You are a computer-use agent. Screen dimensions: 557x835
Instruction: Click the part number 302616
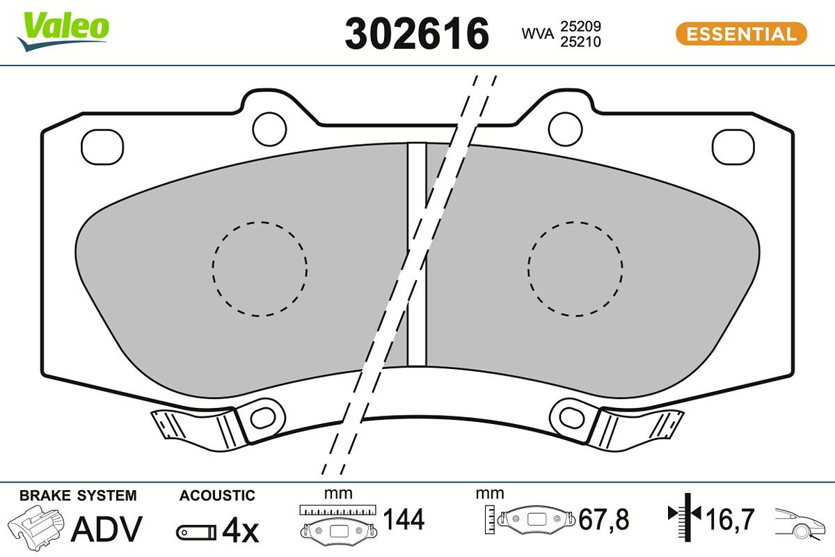417,33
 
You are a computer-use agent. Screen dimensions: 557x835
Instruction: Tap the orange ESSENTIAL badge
741,33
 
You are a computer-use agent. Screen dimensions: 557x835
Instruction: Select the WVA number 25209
580,26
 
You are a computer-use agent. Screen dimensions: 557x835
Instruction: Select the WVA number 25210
580,42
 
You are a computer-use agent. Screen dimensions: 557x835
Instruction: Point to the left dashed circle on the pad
260,269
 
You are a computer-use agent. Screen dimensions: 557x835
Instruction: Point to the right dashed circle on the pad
575,269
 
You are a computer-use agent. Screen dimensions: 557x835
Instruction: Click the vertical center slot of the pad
416,254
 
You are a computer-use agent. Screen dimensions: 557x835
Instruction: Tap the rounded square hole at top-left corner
102,147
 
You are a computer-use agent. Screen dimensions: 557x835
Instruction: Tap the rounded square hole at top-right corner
733,147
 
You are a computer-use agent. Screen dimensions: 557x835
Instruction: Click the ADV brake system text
107,528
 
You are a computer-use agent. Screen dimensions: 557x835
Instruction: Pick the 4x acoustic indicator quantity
240,531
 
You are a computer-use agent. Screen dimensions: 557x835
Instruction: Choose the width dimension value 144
404,519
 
